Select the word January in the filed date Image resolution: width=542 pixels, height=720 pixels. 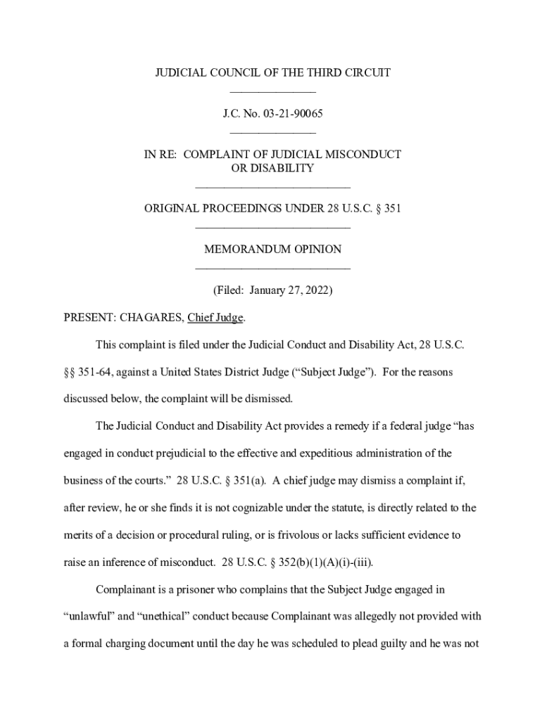coord(264,290)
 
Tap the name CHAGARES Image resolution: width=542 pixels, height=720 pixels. coord(151,318)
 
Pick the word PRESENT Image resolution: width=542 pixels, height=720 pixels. coord(89,318)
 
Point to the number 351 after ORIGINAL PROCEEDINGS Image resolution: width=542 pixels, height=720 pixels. coord(391,208)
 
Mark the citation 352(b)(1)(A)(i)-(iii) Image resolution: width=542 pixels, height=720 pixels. coord(324,562)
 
